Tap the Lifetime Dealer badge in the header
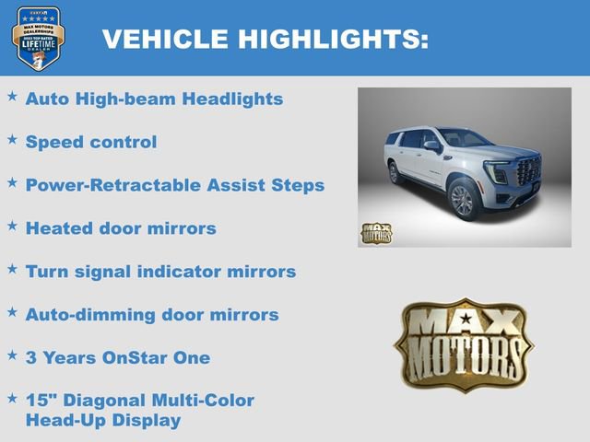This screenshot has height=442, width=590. (38, 39)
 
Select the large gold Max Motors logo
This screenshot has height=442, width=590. (464, 344)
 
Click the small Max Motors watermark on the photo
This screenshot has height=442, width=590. (375, 233)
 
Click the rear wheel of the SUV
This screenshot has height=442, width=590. (395, 172)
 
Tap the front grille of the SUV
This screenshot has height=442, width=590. (528, 171)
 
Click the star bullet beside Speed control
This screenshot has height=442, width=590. (12, 139)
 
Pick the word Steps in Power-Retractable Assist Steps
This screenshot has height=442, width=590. (297, 185)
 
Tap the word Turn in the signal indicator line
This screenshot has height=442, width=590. (45, 272)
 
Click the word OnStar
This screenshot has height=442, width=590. (139, 358)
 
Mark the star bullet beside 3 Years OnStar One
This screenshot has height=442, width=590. (12, 355)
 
